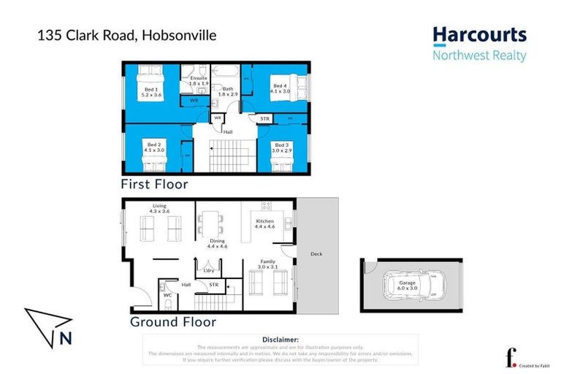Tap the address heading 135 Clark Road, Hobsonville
click(127, 35)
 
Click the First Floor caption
click(155, 184)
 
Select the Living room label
click(160, 208)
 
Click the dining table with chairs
click(212, 222)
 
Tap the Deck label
click(316, 253)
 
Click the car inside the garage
click(411, 287)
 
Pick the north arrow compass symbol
click(49, 326)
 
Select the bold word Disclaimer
click(280, 340)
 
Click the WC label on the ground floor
click(167, 296)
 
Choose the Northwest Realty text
click(479, 56)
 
